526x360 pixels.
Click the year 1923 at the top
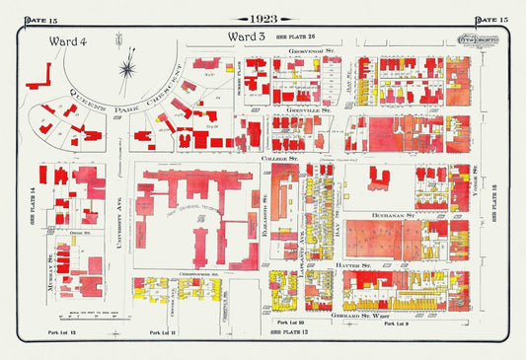263,19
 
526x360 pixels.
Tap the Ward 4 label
67,40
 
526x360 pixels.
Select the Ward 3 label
248,36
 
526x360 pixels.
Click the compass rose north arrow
126,67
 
